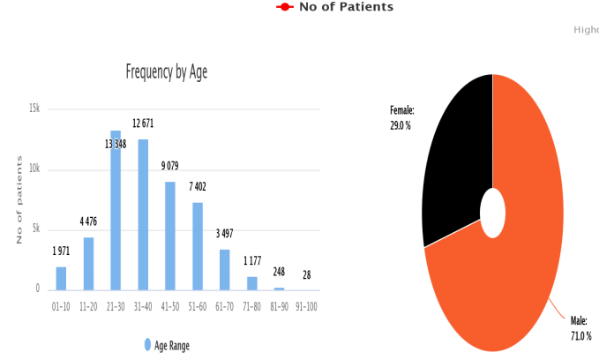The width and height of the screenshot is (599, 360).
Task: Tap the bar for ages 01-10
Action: point(61,278)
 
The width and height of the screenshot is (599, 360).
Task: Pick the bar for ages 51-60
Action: point(198,246)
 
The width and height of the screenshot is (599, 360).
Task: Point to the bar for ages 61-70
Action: point(225,269)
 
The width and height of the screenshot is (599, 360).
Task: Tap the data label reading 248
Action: point(279,272)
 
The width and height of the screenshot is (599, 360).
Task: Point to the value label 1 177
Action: point(253,260)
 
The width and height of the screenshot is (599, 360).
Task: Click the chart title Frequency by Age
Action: point(167,72)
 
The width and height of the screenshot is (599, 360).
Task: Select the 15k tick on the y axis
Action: point(34,109)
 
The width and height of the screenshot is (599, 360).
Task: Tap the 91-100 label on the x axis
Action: point(305,306)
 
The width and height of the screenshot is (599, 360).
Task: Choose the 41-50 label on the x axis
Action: point(170,306)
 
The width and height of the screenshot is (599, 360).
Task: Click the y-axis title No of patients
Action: point(19,199)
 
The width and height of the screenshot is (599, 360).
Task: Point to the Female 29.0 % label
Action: point(401,118)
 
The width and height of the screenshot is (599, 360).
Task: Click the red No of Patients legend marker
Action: point(285,7)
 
